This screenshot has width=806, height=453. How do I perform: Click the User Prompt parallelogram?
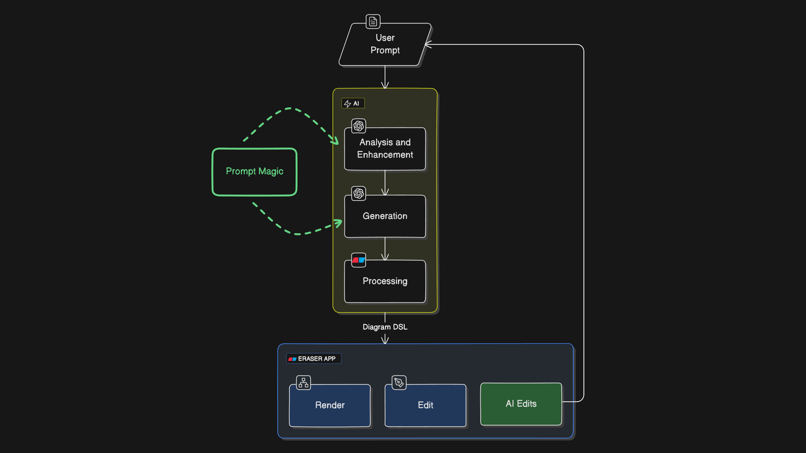pyautogui.click(x=385, y=44)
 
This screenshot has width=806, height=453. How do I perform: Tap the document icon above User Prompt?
pyautogui.click(x=373, y=22)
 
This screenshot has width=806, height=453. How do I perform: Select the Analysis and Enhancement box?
pyautogui.click(x=385, y=149)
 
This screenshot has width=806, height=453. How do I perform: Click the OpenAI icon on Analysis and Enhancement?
pyautogui.click(x=359, y=126)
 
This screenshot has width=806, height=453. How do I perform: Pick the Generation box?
pyautogui.click(x=385, y=216)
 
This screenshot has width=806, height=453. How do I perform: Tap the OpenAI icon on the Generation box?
pyautogui.click(x=359, y=193)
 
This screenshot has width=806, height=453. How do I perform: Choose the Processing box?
pyautogui.click(x=385, y=281)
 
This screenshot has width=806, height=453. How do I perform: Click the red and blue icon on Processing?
pyautogui.click(x=359, y=260)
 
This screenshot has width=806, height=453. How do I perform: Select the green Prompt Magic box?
pyautogui.click(x=254, y=172)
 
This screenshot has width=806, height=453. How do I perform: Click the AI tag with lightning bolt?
pyautogui.click(x=353, y=103)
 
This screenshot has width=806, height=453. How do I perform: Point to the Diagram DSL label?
pyautogui.click(x=385, y=327)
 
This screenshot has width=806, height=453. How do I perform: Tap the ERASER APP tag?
pyautogui.click(x=313, y=359)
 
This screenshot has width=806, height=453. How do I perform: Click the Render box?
pyautogui.click(x=330, y=406)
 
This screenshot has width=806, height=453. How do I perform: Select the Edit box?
pyautogui.click(x=426, y=406)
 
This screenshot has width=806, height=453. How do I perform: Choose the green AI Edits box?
pyautogui.click(x=521, y=404)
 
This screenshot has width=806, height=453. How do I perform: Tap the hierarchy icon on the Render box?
pyautogui.click(x=303, y=383)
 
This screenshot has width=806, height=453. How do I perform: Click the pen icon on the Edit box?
pyautogui.click(x=399, y=383)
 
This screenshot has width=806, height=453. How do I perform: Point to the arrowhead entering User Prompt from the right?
pyautogui.click(x=428, y=45)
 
